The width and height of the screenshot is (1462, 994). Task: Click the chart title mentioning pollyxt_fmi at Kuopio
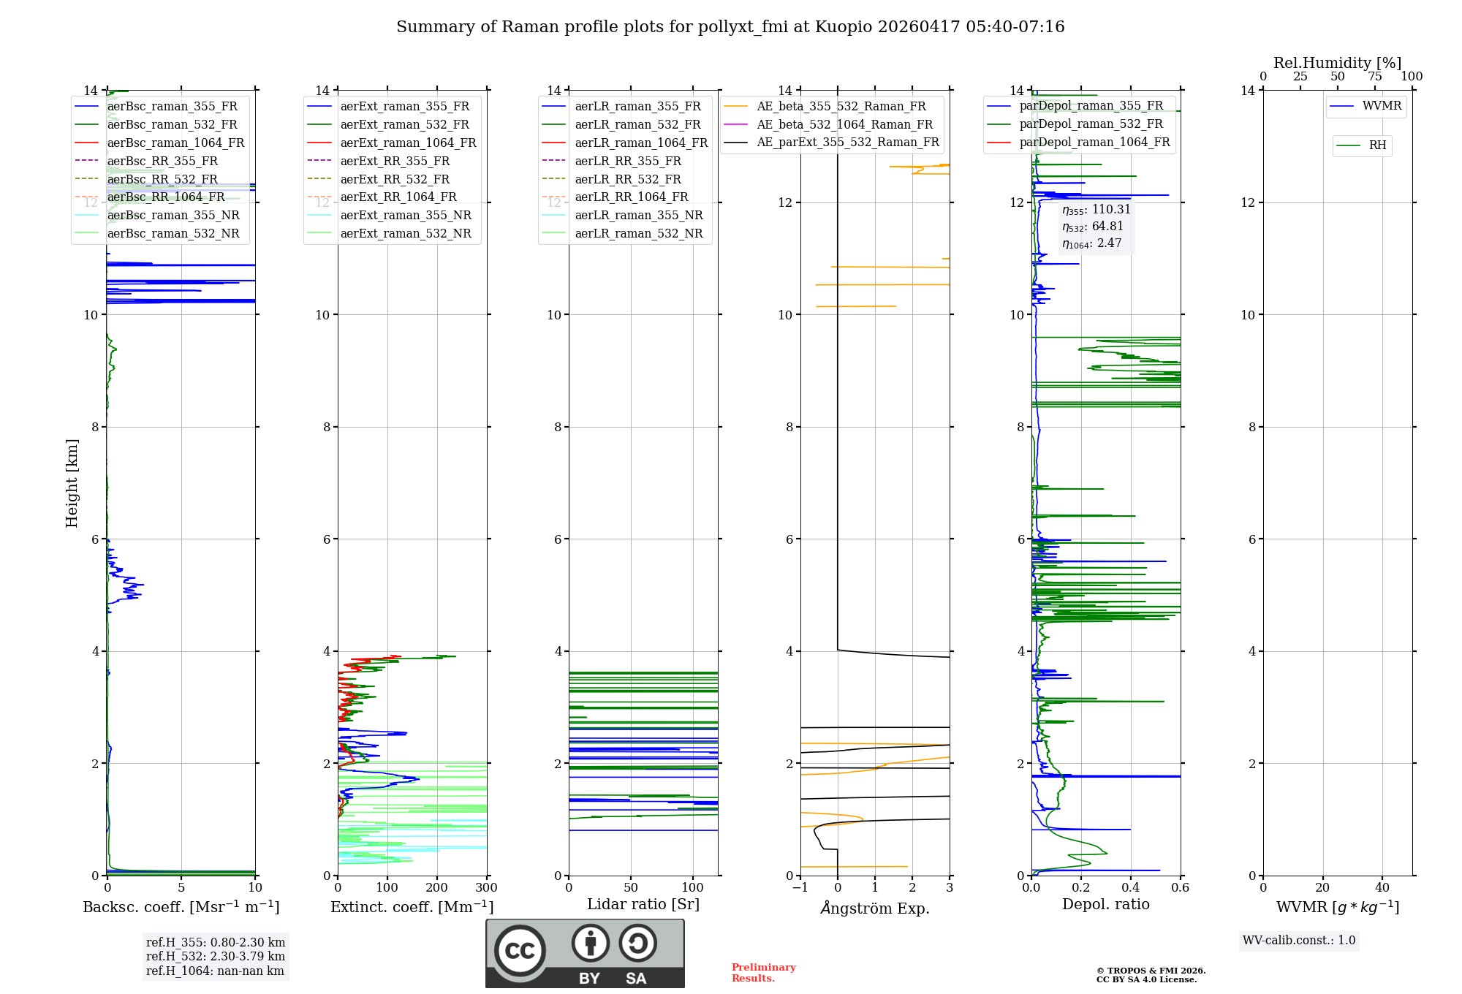(x=730, y=27)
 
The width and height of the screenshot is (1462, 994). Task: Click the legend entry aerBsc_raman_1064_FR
(x=175, y=143)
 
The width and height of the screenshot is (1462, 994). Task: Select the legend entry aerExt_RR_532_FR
(x=395, y=179)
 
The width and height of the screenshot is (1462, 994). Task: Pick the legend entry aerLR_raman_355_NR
(x=638, y=216)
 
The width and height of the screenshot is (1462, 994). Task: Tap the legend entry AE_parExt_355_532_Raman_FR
(x=847, y=143)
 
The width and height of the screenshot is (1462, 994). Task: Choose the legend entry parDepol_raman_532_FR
(x=1091, y=124)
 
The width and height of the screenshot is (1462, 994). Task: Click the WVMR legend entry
(x=1382, y=106)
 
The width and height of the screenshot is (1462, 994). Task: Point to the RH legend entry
(x=1377, y=145)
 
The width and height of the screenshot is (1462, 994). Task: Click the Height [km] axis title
(x=72, y=482)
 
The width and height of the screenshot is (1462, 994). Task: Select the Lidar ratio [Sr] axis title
(x=643, y=904)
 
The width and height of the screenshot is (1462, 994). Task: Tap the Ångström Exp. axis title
(x=875, y=908)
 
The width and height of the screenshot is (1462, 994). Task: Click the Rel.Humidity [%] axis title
(x=1337, y=63)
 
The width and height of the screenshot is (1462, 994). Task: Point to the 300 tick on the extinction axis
(x=486, y=888)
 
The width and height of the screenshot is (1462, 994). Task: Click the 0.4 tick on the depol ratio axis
(x=1130, y=888)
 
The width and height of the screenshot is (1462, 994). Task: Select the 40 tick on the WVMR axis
(x=1382, y=888)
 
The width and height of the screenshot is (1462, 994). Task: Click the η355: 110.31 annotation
(x=1096, y=210)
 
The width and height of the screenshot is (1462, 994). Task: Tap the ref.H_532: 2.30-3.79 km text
(x=216, y=957)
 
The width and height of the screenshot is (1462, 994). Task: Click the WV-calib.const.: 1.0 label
(x=1299, y=941)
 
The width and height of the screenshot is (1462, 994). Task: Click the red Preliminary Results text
(x=763, y=973)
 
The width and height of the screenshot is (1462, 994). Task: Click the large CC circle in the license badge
(x=520, y=951)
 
